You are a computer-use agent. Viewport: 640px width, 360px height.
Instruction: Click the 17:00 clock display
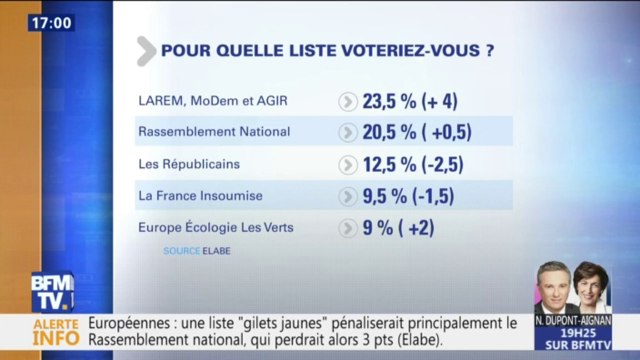point(50,22)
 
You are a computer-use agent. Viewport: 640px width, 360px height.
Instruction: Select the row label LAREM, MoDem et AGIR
point(203,101)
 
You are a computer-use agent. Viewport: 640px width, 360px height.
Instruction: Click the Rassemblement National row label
point(212,131)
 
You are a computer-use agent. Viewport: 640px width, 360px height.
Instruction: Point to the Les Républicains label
point(190,162)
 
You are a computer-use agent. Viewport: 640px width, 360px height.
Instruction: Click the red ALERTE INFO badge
point(40,332)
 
